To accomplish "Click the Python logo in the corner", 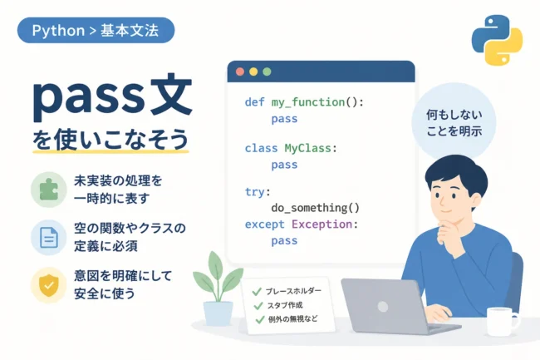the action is [x=497, y=40].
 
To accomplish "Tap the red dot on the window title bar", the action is [x=240, y=72].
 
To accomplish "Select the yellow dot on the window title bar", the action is [x=253, y=72].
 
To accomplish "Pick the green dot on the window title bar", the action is [x=267, y=72].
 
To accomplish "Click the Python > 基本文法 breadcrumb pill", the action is [x=96, y=30].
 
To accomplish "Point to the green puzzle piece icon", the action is [x=48, y=189].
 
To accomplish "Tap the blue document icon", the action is [x=48, y=237].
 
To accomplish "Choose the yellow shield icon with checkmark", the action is [x=48, y=285].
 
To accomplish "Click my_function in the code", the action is [x=308, y=102].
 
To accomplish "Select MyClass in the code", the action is [x=307, y=148].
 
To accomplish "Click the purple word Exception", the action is [x=322, y=224].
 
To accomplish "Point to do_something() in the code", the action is [x=315, y=208].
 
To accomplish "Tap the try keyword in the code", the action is [x=255, y=191].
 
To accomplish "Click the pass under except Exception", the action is [x=284, y=240].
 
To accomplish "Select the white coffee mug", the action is [x=502, y=322].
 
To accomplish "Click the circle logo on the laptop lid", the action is [x=383, y=306].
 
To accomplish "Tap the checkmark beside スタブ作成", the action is [x=258, y=306].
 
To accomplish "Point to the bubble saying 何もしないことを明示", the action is [x=454, y=122].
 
